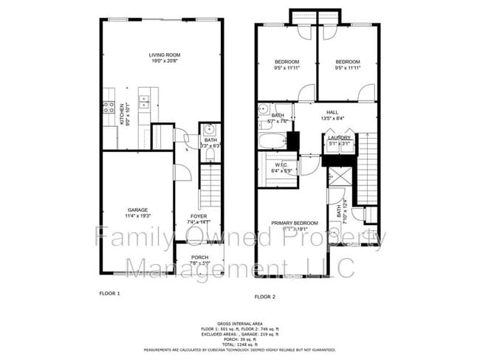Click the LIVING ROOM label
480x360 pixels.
tap(165, 55)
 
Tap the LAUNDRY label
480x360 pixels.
tap(340, 136)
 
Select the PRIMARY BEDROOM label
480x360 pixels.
tap(294, 223)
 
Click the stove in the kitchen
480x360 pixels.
tap(109, 108)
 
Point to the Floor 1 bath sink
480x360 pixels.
tap(208, 128)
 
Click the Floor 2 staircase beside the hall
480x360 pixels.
tap(368, 166)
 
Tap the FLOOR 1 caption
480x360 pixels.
tap(109, 293)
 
